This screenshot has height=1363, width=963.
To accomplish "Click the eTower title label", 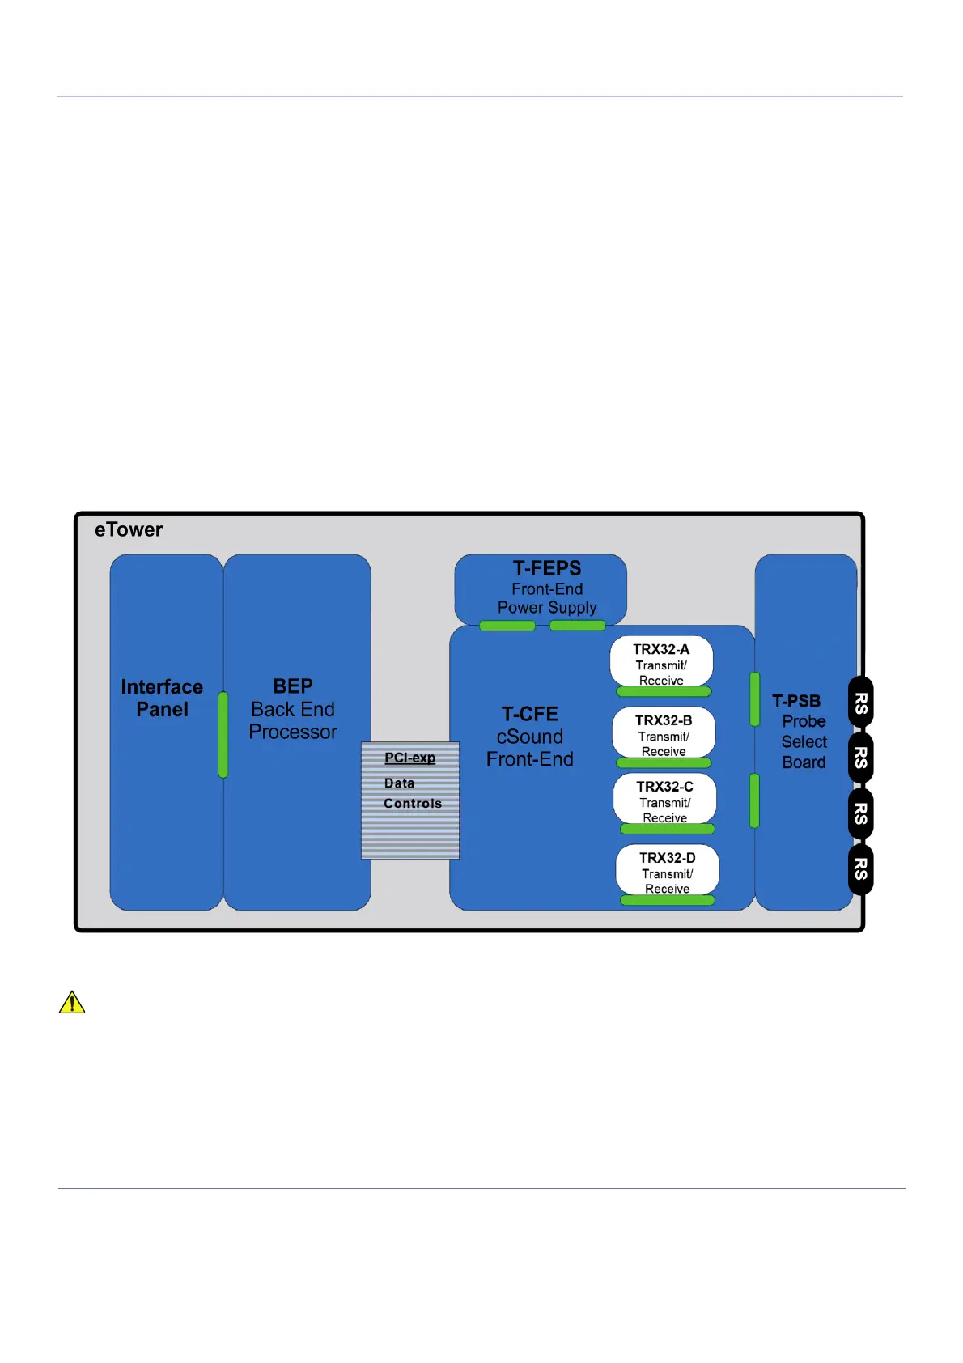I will [129, 529].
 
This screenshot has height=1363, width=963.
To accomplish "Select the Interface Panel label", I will [162, 698].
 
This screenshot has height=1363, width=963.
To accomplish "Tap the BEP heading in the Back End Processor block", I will [292, 686].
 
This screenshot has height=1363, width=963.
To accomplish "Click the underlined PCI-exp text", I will [409, 758].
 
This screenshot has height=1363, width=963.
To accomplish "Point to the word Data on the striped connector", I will [399, 783].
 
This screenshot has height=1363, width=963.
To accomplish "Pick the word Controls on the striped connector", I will [413, 803].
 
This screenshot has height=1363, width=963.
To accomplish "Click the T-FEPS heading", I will [547, 568].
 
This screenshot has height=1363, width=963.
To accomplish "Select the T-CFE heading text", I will [529, 714].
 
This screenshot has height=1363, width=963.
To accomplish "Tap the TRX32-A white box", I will [661, 661].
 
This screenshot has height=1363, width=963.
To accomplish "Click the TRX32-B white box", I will [664, 732].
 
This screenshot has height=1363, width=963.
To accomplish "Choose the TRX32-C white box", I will [664, 799].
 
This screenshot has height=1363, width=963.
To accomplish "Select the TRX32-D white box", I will [668, 870].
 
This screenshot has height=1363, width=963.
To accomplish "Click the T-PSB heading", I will [796, 701].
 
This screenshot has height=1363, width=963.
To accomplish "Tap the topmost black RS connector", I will [860, 703].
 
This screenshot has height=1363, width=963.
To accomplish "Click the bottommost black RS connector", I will [860, 868].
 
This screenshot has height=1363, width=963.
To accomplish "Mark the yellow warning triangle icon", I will [72, 1003].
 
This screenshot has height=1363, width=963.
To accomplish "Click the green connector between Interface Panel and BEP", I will [223, 735].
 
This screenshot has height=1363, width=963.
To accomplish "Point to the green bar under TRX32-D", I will [668, 900].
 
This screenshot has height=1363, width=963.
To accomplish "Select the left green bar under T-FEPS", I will [507, 626].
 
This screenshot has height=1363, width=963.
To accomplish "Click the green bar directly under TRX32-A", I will [664, 691].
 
